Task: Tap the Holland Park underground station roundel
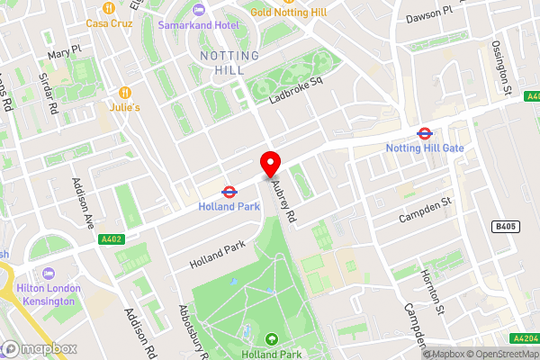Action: [x=229, y=191]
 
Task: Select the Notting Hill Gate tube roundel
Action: [x=423, y=133]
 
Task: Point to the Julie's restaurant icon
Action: [x=126, y=93]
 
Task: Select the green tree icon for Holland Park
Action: [x=272, y=339]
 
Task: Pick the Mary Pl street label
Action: [x=66, y=53]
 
